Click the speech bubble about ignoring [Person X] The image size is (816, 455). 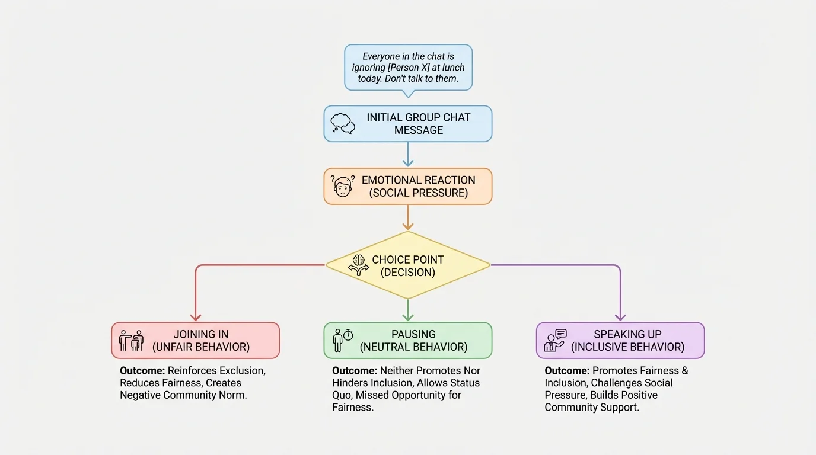(408, 67)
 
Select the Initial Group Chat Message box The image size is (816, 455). (408, 124)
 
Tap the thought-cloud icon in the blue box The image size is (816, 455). (343, 123)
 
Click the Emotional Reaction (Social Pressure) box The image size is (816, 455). (408, 186)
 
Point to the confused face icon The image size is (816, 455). (342, 186)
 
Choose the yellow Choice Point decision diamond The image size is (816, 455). (408, 265)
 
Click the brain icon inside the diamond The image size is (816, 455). (358, 265)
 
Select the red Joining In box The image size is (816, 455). (195, 340)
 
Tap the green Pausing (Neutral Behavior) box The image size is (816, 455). (408, 340)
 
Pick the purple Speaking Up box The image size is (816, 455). (620, 340)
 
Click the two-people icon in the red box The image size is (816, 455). (131, 341)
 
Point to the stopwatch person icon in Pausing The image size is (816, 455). (343, 340)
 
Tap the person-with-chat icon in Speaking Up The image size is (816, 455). (555, 341)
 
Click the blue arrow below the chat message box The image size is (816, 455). (408, 155)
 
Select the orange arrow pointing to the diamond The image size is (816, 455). (408, 217)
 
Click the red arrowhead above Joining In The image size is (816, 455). (196, 317)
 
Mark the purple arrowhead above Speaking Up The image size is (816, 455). (620, 317)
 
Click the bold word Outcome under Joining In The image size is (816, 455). (142, 371)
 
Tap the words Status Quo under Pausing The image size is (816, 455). (465, 383)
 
